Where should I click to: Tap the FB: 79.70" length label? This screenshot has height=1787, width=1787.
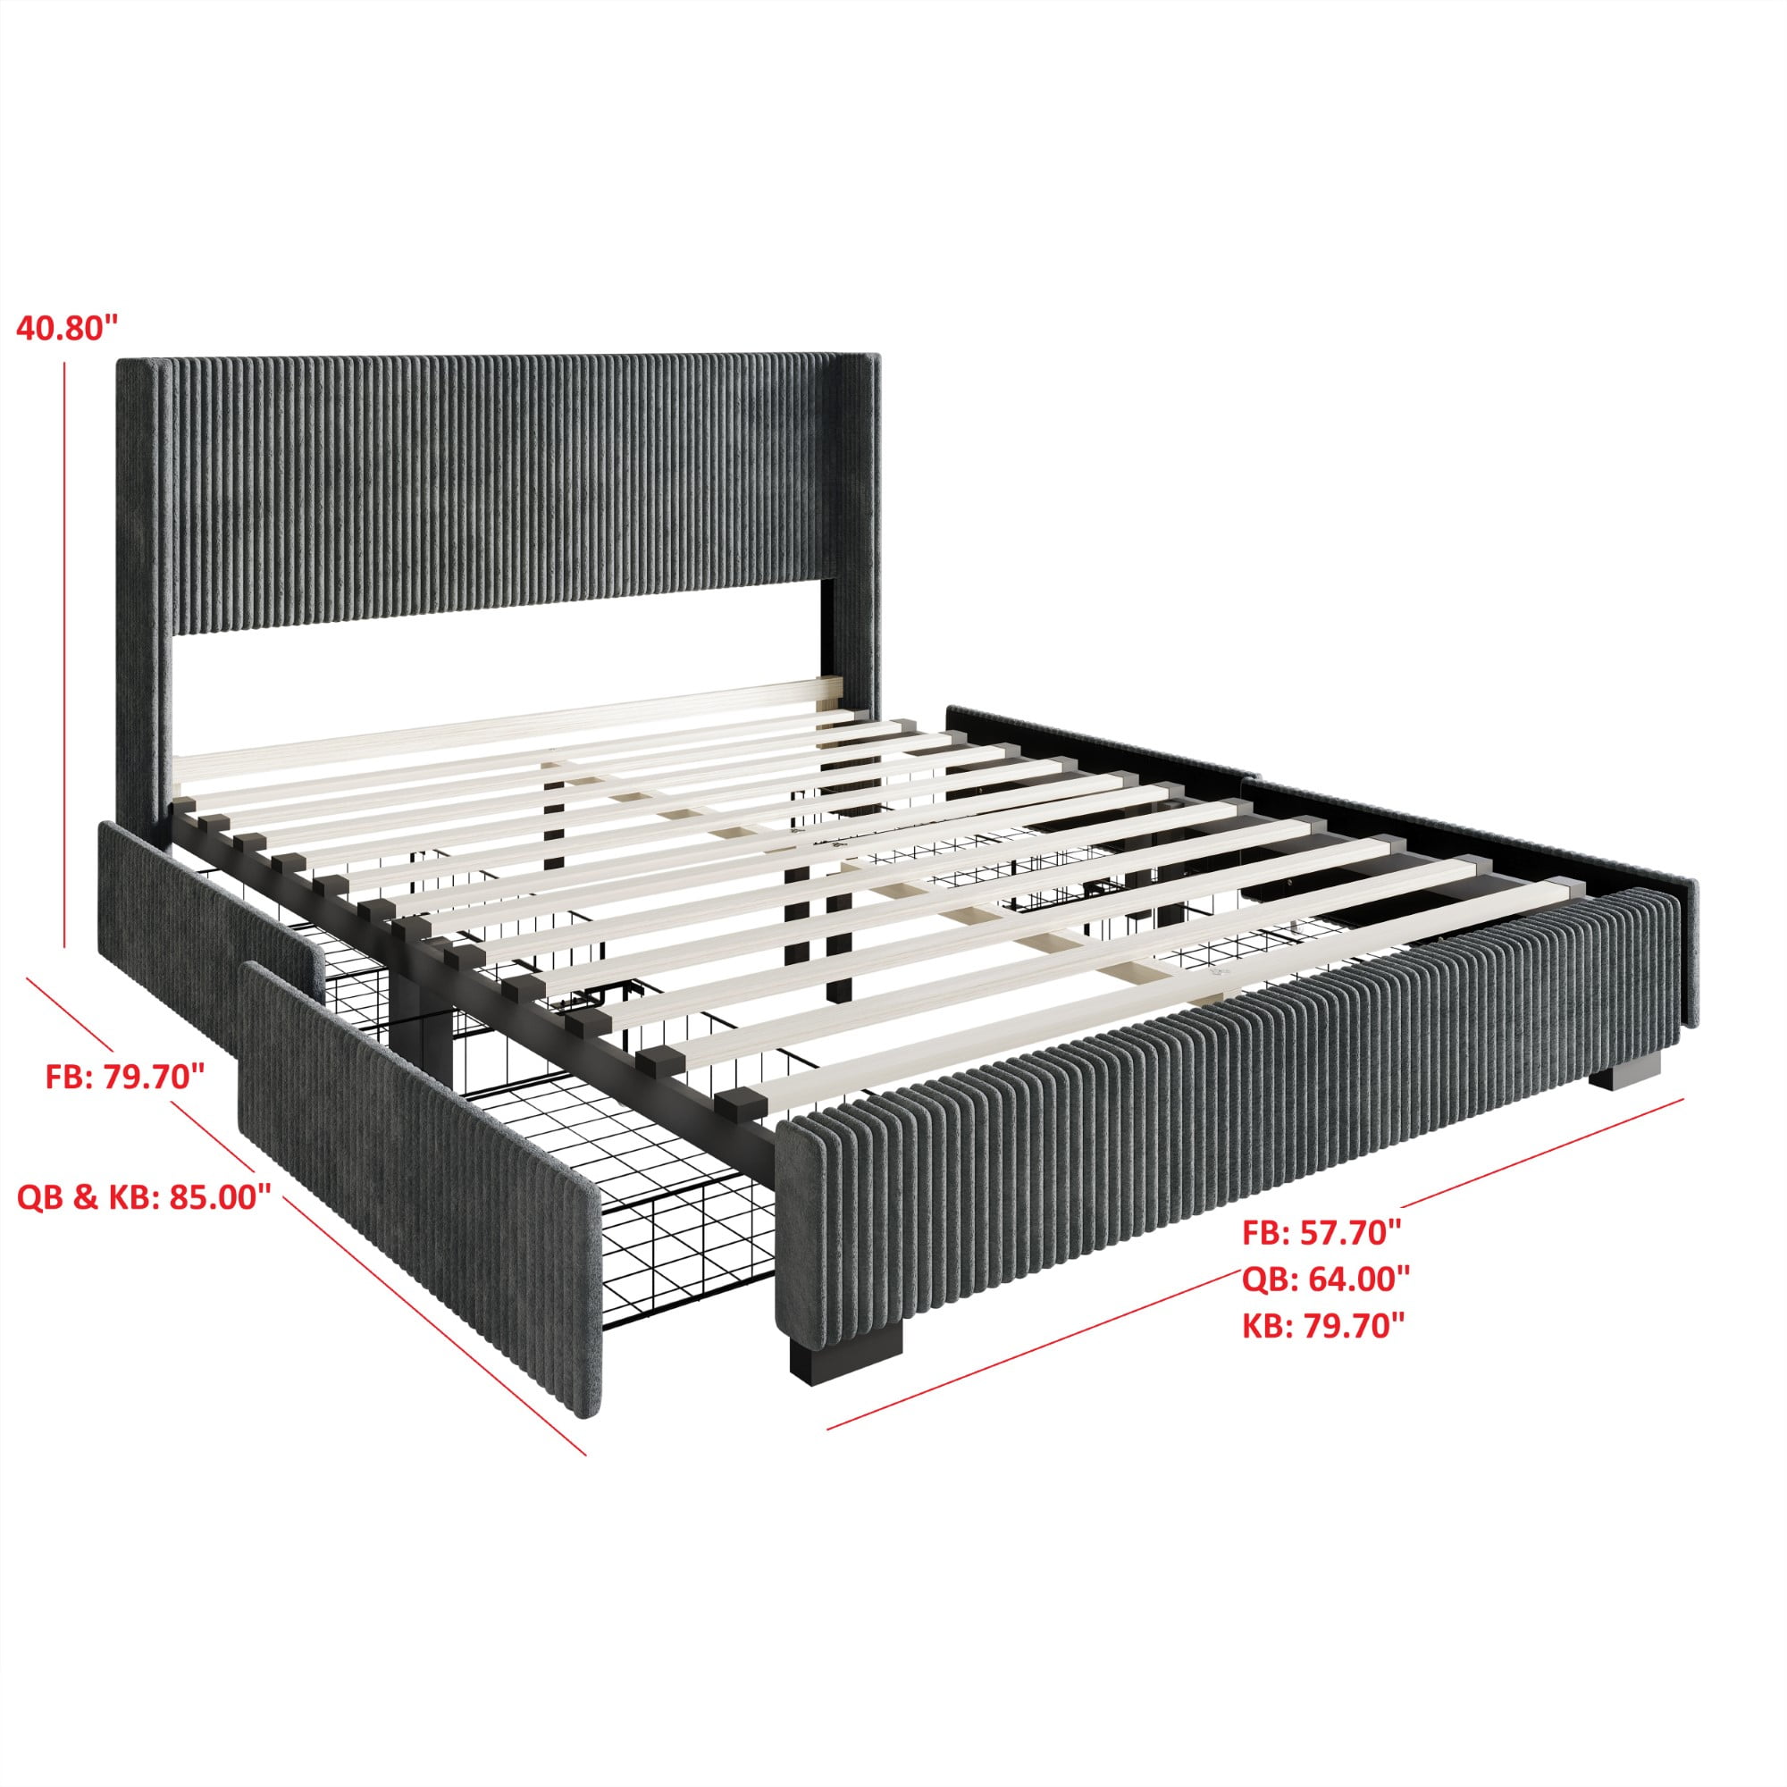point(125,1076)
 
